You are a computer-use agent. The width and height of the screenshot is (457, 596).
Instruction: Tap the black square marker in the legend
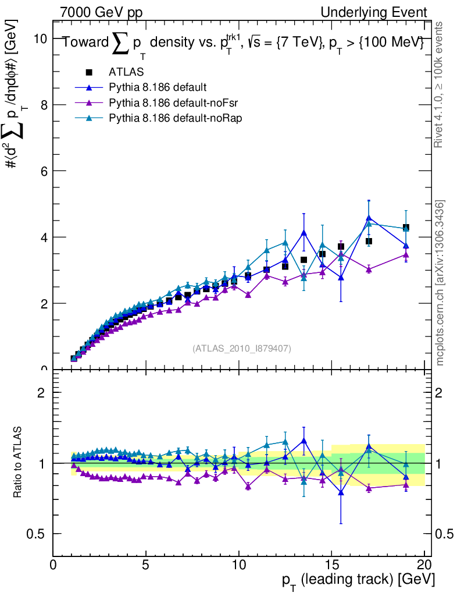tap(89, 72)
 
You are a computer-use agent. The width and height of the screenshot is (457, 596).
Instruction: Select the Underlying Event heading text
tap(377, 12)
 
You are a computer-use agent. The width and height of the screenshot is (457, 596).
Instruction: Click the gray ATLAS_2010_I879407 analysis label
tap(241, 348)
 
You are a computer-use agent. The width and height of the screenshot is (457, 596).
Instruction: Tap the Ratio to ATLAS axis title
tap(19, 463)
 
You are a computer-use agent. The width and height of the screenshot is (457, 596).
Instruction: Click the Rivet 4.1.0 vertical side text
tap(441, 85)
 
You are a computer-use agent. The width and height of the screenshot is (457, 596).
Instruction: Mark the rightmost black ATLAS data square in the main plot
tap(406, 228)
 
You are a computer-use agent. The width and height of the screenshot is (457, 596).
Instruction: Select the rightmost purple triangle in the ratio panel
tap(406, 484)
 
